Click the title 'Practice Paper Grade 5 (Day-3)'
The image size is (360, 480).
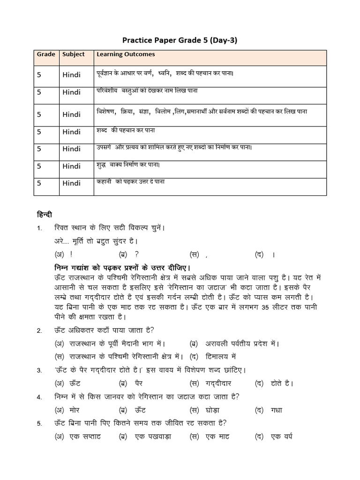tap(180, 40)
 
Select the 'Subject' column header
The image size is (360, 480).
tap(74, 54)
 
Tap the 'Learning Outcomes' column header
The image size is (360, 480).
tap(126, 54)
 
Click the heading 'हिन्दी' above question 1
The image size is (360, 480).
tap(45, 215)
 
